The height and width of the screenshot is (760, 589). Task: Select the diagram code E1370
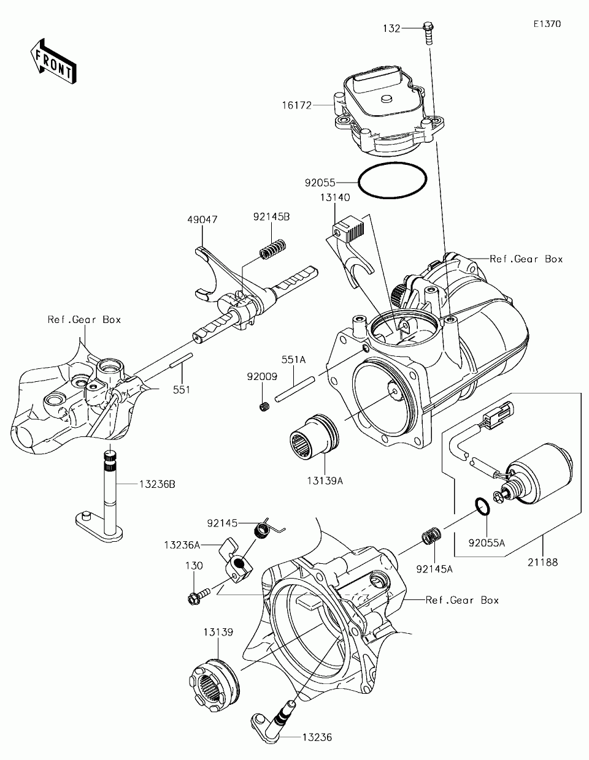pos(547,24)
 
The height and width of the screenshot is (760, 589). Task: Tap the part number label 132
pos(391,28)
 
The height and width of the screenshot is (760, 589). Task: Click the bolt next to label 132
pos(428,33)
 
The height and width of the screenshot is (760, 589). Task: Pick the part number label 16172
pos(297,105)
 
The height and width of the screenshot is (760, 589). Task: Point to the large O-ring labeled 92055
pos(393,181)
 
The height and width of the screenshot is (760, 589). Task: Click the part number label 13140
pos(334,197)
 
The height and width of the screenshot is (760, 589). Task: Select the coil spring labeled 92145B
pos(273,249)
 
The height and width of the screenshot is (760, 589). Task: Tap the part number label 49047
pos(202,219)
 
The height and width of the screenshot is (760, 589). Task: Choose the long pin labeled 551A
pos(294,389)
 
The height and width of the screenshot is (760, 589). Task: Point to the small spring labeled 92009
pos(264,407)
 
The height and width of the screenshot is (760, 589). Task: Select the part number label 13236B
pos(157,484)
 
